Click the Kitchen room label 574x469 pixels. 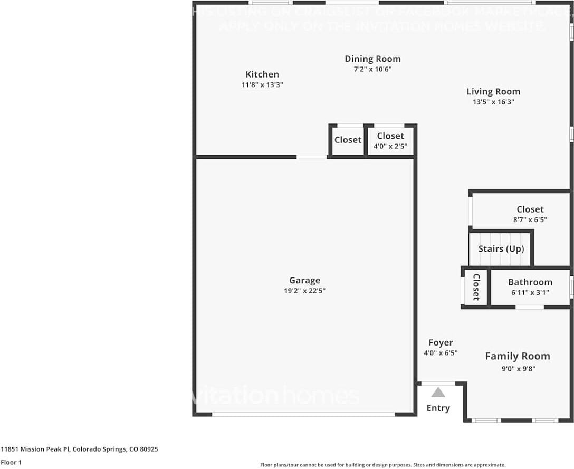(262, 74)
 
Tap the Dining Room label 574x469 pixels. (372, 59)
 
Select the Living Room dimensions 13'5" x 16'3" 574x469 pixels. (493, 102)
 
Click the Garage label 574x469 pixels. (304, 281)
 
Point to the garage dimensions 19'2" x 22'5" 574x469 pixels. (304, 291)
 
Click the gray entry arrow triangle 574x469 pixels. (438, 393)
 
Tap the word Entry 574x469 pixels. (438, 408)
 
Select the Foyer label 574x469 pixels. (441, 342)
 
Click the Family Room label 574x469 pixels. (517, 356)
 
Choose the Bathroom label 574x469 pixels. (530, 282)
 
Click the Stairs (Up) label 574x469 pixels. (501, 248)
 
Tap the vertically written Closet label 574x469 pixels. (476, 287)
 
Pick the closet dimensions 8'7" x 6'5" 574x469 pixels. (530, 219)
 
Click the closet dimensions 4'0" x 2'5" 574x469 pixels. (390, 147)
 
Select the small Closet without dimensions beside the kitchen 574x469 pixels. (348, 140)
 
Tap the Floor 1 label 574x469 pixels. (12, 462)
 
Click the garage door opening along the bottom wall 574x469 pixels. (303, 414)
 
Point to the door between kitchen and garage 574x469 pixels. (312, 157)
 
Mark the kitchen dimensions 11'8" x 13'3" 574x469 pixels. (262, 84)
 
